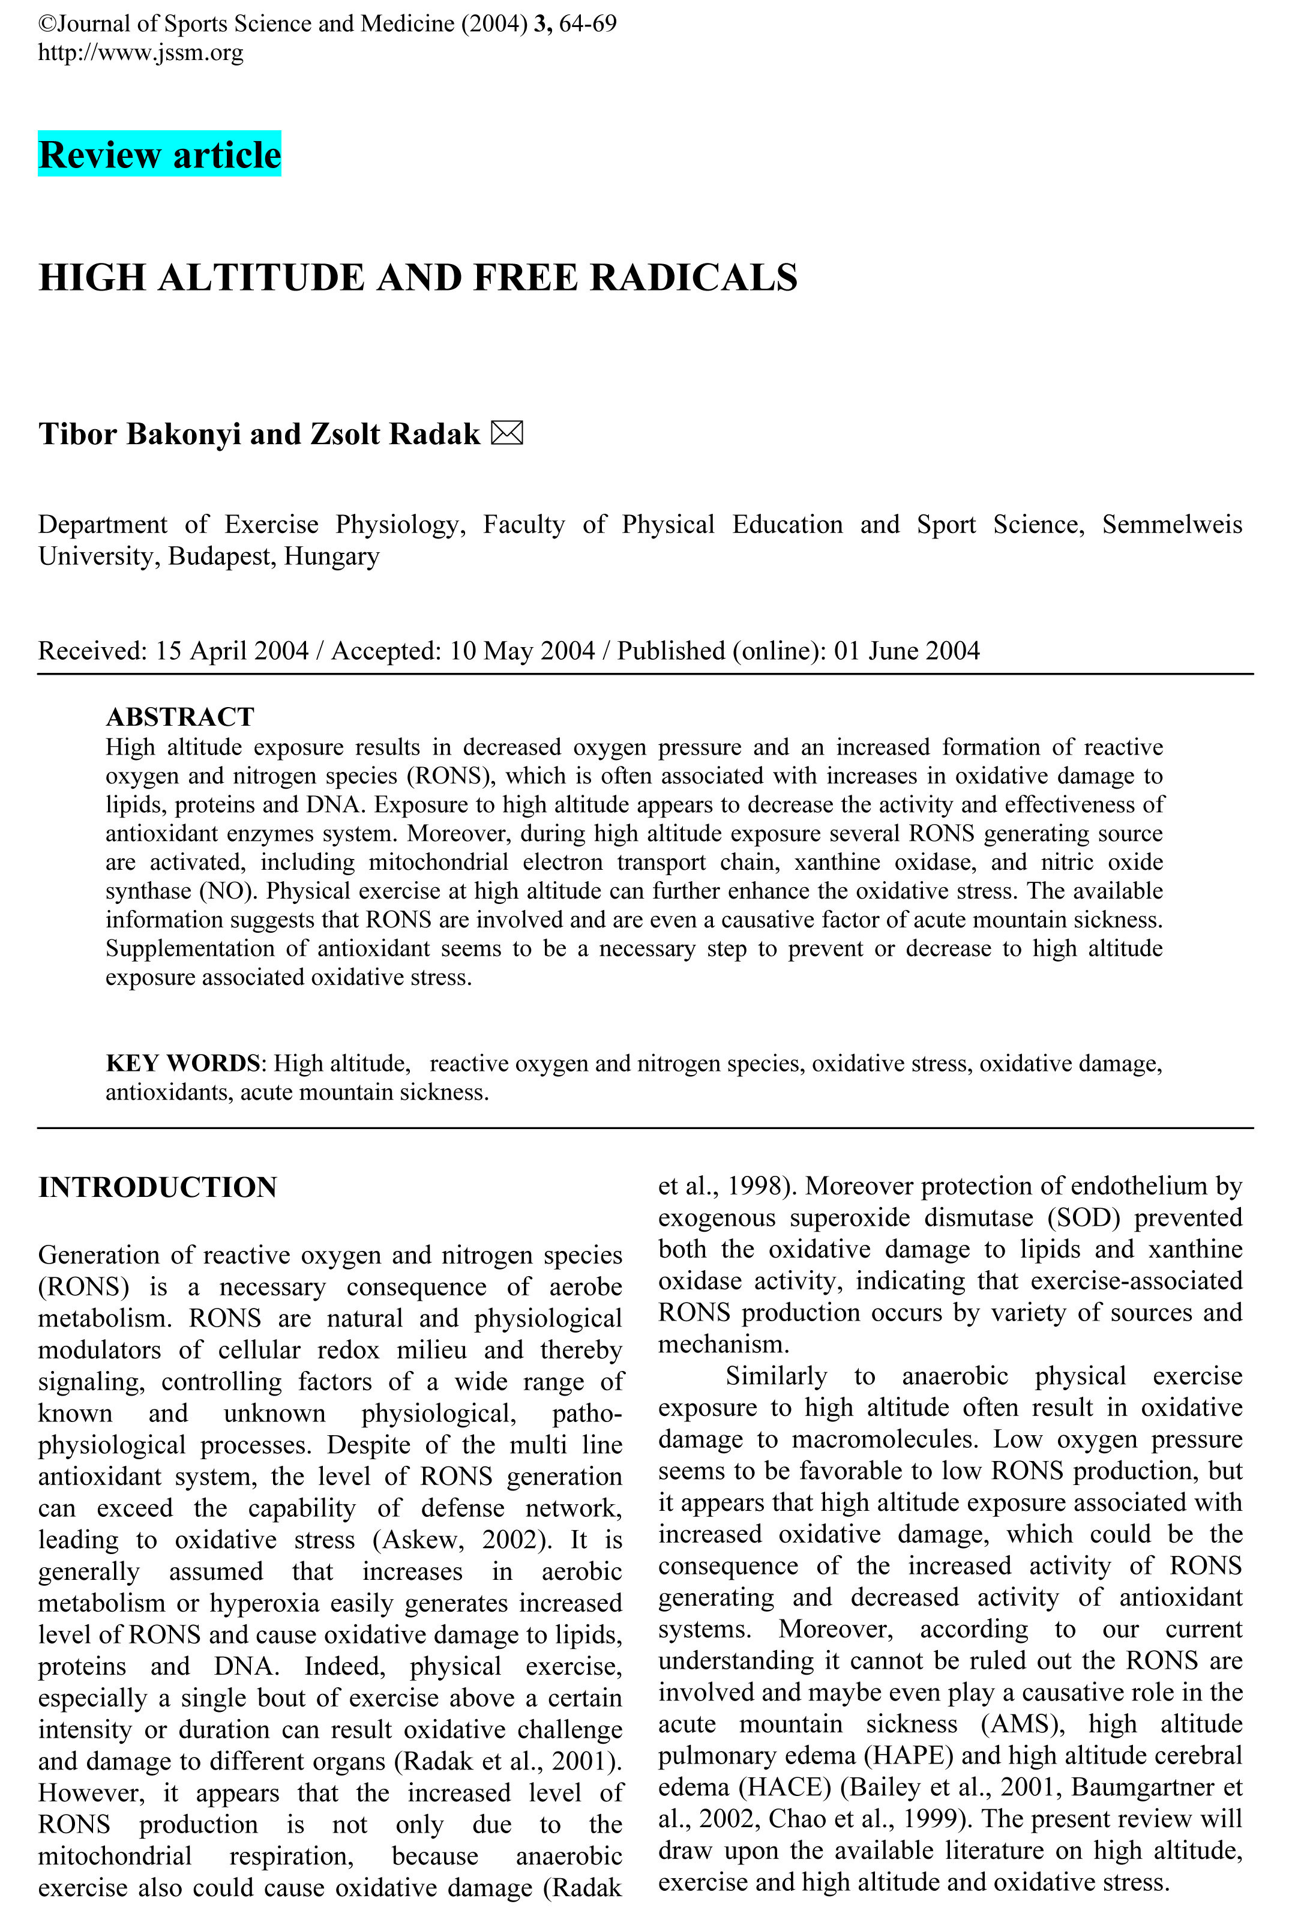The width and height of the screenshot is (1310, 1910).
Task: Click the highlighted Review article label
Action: [160, 154]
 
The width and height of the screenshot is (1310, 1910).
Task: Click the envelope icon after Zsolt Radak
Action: [506, 433]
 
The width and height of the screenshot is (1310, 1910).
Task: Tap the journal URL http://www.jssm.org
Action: [140, 53]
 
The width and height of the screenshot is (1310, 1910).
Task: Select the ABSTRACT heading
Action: [180, 717]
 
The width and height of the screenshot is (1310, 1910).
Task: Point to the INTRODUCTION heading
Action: [158, 1187]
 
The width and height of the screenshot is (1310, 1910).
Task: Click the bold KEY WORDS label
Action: [182, 1064]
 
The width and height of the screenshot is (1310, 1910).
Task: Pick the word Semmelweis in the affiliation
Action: [1172, 525]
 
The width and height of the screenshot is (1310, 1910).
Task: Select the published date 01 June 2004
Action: [907, 651]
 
